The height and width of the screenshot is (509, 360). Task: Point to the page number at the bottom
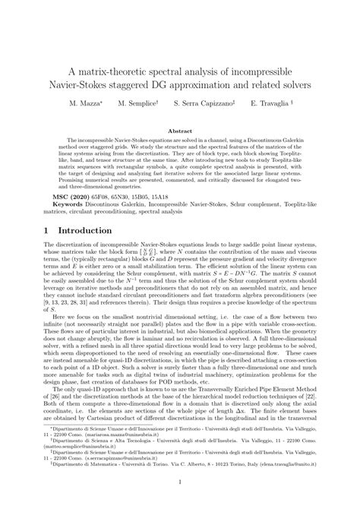(x=180, y=481)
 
